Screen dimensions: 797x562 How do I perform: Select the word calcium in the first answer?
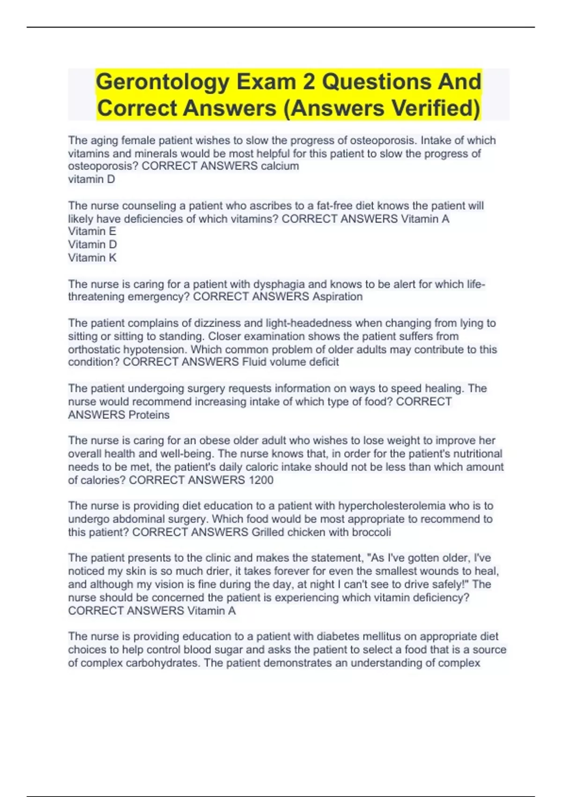click(280, 166)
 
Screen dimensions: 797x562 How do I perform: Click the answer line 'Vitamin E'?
click(92, 231)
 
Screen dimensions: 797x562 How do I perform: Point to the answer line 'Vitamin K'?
click(92, 257)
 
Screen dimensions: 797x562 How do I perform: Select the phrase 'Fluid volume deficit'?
click(290, 362)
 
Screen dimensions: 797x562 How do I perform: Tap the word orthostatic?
click(94, 349)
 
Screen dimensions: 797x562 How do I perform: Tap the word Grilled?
click(267, 532)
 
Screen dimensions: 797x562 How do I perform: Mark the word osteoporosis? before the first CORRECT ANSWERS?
click(103, 166)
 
